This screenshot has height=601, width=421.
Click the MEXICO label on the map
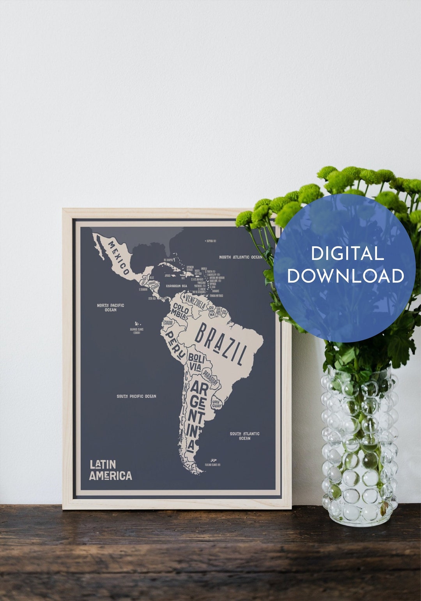click(x=119, y=258)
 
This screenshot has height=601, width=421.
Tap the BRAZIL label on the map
click(x=221, y=344)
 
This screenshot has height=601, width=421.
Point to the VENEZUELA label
click(x=195, y=302)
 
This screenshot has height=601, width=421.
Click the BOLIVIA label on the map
click(x=195, y=362)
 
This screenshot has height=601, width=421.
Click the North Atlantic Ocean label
click(x=241, y=257)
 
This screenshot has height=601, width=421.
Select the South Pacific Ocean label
click(x=136, y=396)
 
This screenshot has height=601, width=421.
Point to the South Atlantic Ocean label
click(x=244, y=436)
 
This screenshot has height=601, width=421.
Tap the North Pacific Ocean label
click(x=110, y=308)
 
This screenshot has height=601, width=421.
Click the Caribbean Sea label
click(x=176, y=286)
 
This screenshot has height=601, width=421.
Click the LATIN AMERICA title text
click(x=110, y=470)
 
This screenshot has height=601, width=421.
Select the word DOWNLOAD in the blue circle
click(x=345, y=276)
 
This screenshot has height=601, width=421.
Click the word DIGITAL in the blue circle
click(x=347, y=254)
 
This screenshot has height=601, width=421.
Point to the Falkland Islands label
click(x=213, y=465)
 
